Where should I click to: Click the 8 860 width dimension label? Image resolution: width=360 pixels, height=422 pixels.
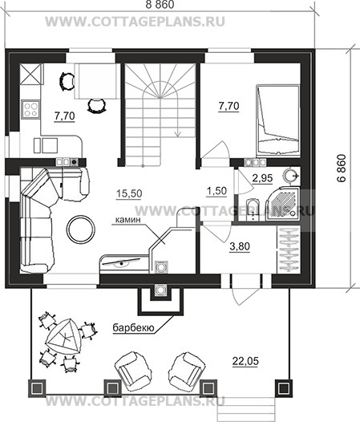tap(160, 4)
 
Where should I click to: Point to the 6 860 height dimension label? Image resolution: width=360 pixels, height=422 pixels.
tap(342, 168)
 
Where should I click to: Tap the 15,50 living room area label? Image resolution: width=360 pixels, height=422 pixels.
tap(129, 193)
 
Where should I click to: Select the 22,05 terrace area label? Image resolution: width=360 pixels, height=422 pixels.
tap(245, 361)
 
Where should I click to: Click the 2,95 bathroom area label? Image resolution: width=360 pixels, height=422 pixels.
tap(263, 178)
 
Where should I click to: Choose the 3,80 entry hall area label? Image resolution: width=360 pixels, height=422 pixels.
tap(240, 246)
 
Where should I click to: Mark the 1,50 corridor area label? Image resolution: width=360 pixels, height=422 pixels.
tap(216, 191)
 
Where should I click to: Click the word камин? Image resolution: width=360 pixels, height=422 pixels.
tap(128, 220)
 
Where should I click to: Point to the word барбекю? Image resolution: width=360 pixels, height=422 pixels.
tap(133, 328)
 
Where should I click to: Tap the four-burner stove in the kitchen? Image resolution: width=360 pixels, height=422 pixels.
tap(30, 109)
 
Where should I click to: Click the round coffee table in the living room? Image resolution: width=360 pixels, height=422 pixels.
tap(81, 229)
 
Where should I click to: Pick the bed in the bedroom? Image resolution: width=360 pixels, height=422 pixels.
tap(278, 120)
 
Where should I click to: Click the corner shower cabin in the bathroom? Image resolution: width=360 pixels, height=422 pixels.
tap(282, 204)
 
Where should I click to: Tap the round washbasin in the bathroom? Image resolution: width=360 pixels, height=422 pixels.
tap(291, 176)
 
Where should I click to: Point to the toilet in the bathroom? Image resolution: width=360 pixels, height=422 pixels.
tap(253, 210)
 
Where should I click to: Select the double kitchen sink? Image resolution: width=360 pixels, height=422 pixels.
tap(46, 145)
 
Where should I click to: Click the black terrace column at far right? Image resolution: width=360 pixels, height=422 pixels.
tap(284, 388)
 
